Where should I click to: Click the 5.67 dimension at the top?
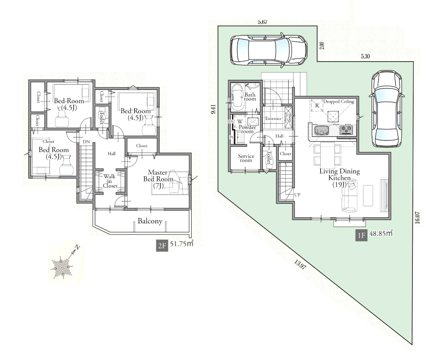coord(262,22)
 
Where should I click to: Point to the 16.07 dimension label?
coord(417,218)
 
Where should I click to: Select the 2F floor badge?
coord(162,246)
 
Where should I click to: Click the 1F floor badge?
coord(361,235)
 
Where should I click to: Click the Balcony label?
coord(150,221)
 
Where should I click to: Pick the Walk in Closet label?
coord(110,181)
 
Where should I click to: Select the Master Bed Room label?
coord(158,179)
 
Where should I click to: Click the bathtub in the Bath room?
coord(238,98)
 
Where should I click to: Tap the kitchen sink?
coord(321,130)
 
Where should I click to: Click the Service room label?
coord(246,158)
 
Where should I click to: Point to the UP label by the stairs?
coord(297,195)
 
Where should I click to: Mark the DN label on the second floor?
coord(86,142)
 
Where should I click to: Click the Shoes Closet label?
coord(287,117)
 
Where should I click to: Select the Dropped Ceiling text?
coord(339,101)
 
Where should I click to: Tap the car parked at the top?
coord(269,50)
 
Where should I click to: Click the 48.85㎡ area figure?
coord(381,233)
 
